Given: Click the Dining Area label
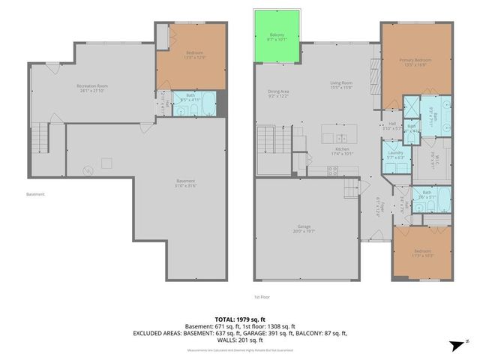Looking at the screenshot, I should pyautogui.click(x=278, y=94).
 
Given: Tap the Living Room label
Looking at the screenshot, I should pyautogui.click(x=341, y=85).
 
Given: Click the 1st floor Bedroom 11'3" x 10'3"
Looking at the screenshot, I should pyautogui.click(x=423, y=253).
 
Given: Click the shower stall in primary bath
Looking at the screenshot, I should pyautogui.click(x=412, y=106).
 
